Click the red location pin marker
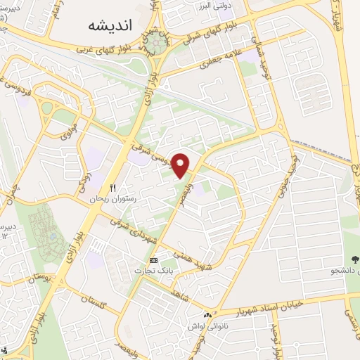point(181,165)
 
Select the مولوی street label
point(70,130)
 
